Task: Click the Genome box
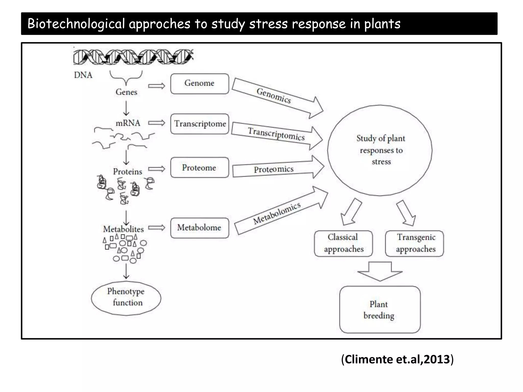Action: [199, 84]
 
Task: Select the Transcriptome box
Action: [199, 124]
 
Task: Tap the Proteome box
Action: [199, 168]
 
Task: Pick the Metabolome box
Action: [199, 228]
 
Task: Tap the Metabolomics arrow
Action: [277, 213]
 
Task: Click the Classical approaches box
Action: [343, 243]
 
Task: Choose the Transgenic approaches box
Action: [415, 243]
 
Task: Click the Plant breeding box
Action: [379, 310]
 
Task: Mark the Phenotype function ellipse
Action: [126, 298]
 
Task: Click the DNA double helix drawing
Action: [133, 57]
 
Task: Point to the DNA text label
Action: [83, 75]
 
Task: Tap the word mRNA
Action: [128, 123]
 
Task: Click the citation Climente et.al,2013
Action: [397, 359]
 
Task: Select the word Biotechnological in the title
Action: [76, 24]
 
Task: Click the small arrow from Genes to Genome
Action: [157, 86]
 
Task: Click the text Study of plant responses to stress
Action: [381, 150]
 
